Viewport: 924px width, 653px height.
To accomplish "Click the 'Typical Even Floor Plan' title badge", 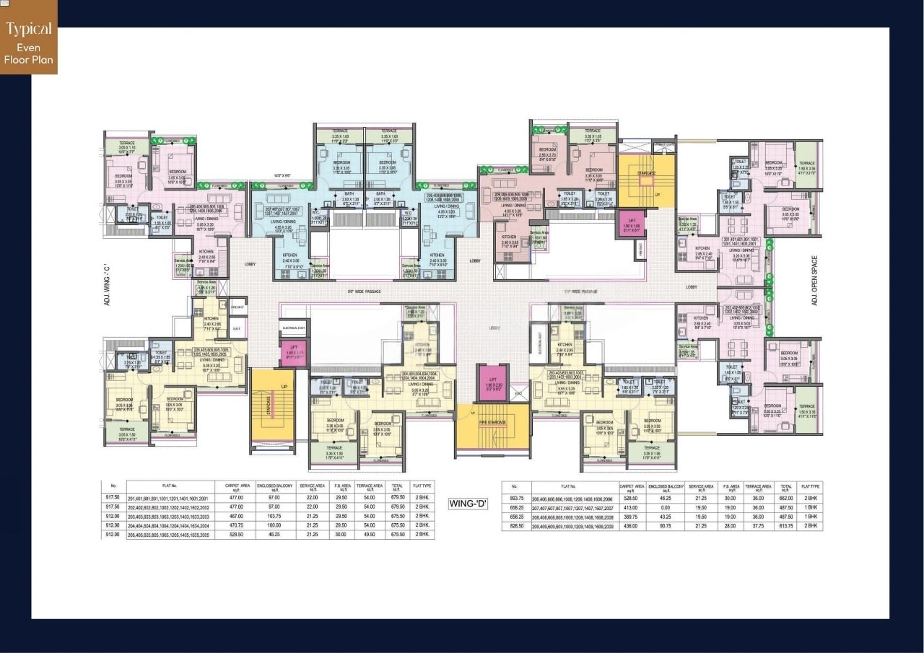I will (29, 44).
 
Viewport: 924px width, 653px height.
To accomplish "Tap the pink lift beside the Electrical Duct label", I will (293, 354).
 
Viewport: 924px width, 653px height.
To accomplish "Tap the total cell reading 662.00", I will (786, 498).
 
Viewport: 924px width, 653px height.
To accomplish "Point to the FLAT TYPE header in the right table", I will (810, 487).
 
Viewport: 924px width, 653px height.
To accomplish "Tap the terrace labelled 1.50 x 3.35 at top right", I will (806, 167).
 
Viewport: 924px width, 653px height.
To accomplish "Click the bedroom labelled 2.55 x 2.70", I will (547, 153).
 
